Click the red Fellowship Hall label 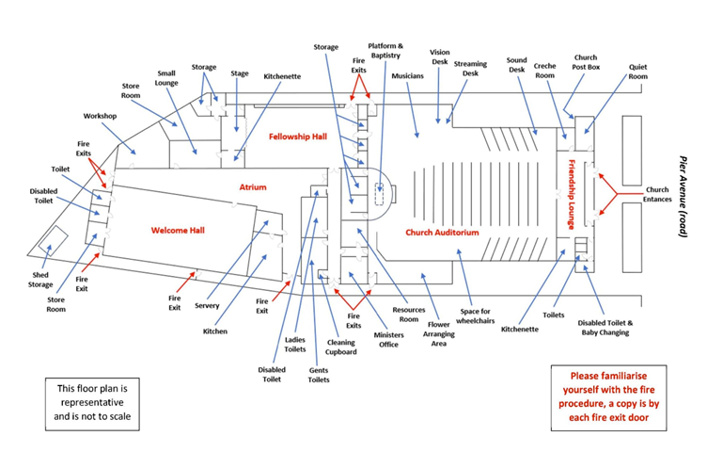(297, 137)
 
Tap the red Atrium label (254, 186)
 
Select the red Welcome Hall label (178, 230)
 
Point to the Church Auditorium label (442, 233)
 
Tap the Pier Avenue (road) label (686, 196)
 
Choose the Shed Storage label (39, 278)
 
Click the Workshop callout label (100, 116)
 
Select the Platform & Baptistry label (385, 51)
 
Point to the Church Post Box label (585, 63)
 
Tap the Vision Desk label (439, 57)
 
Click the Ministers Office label (388, 339)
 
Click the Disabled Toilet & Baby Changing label (605, 327)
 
